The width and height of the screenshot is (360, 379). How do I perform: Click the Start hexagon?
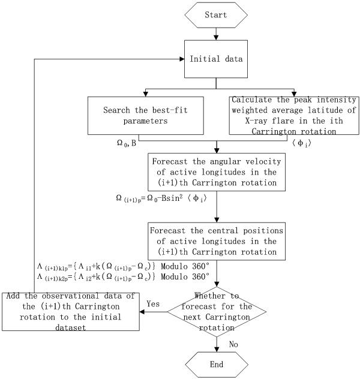[x=216, y=14]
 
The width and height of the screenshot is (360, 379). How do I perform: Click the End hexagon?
[x=216, y=364]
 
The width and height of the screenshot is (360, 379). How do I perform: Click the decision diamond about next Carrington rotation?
[x=216, y=311]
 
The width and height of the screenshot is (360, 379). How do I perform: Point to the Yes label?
[x=152, y=304]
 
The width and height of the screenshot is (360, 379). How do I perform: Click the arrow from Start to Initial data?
[x=216, y=35]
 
